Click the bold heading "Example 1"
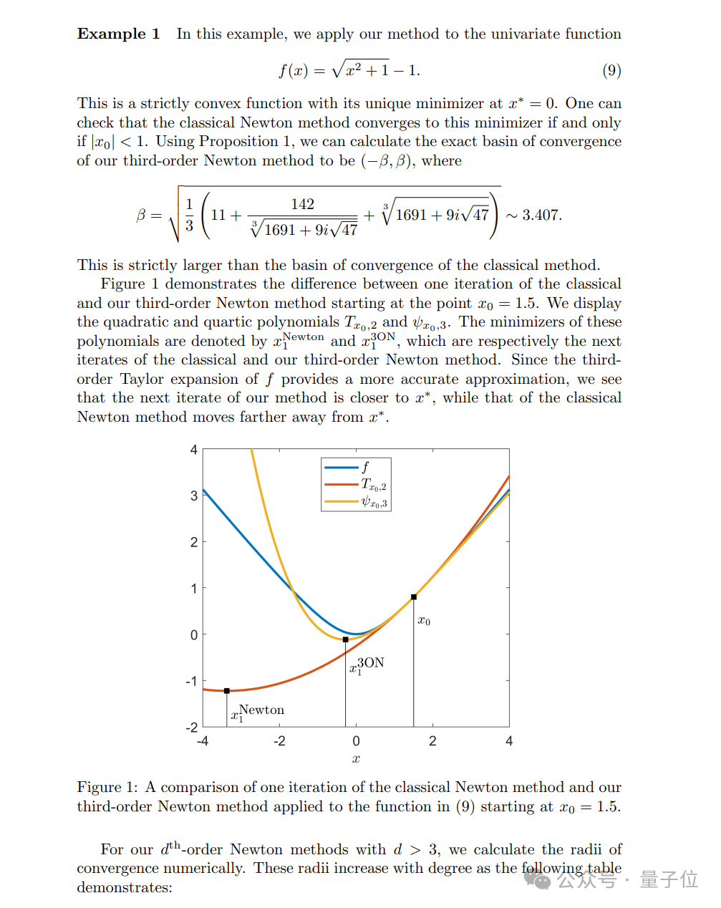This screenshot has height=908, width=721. tap(118, 34)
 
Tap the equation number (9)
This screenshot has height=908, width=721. tap(611, 70)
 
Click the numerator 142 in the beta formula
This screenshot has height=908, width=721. tap(302, 204)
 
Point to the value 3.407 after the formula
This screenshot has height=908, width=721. tap(541, 215)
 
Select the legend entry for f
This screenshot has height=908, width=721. tap(355, 467)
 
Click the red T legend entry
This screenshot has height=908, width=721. tap(355, 485)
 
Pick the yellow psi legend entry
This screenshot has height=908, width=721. tap(355, 502)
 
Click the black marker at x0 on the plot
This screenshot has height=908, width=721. tap(414, 597)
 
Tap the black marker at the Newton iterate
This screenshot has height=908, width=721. tap(227, 691)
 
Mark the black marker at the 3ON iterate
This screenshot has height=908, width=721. tap(346, 639)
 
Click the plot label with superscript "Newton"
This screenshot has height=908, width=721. tap(257, 712)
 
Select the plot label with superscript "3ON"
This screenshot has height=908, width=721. tap(367, 665)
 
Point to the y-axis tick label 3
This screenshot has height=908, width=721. tap(193, 496)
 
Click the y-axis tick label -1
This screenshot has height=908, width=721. tap(191, 681)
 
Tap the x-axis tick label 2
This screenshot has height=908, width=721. tap(432, 741)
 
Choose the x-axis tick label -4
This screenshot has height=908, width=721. tap(203, 741)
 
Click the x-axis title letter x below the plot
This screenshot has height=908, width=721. tap(356, 759)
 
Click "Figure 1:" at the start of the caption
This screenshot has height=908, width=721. tap(107, 787)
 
